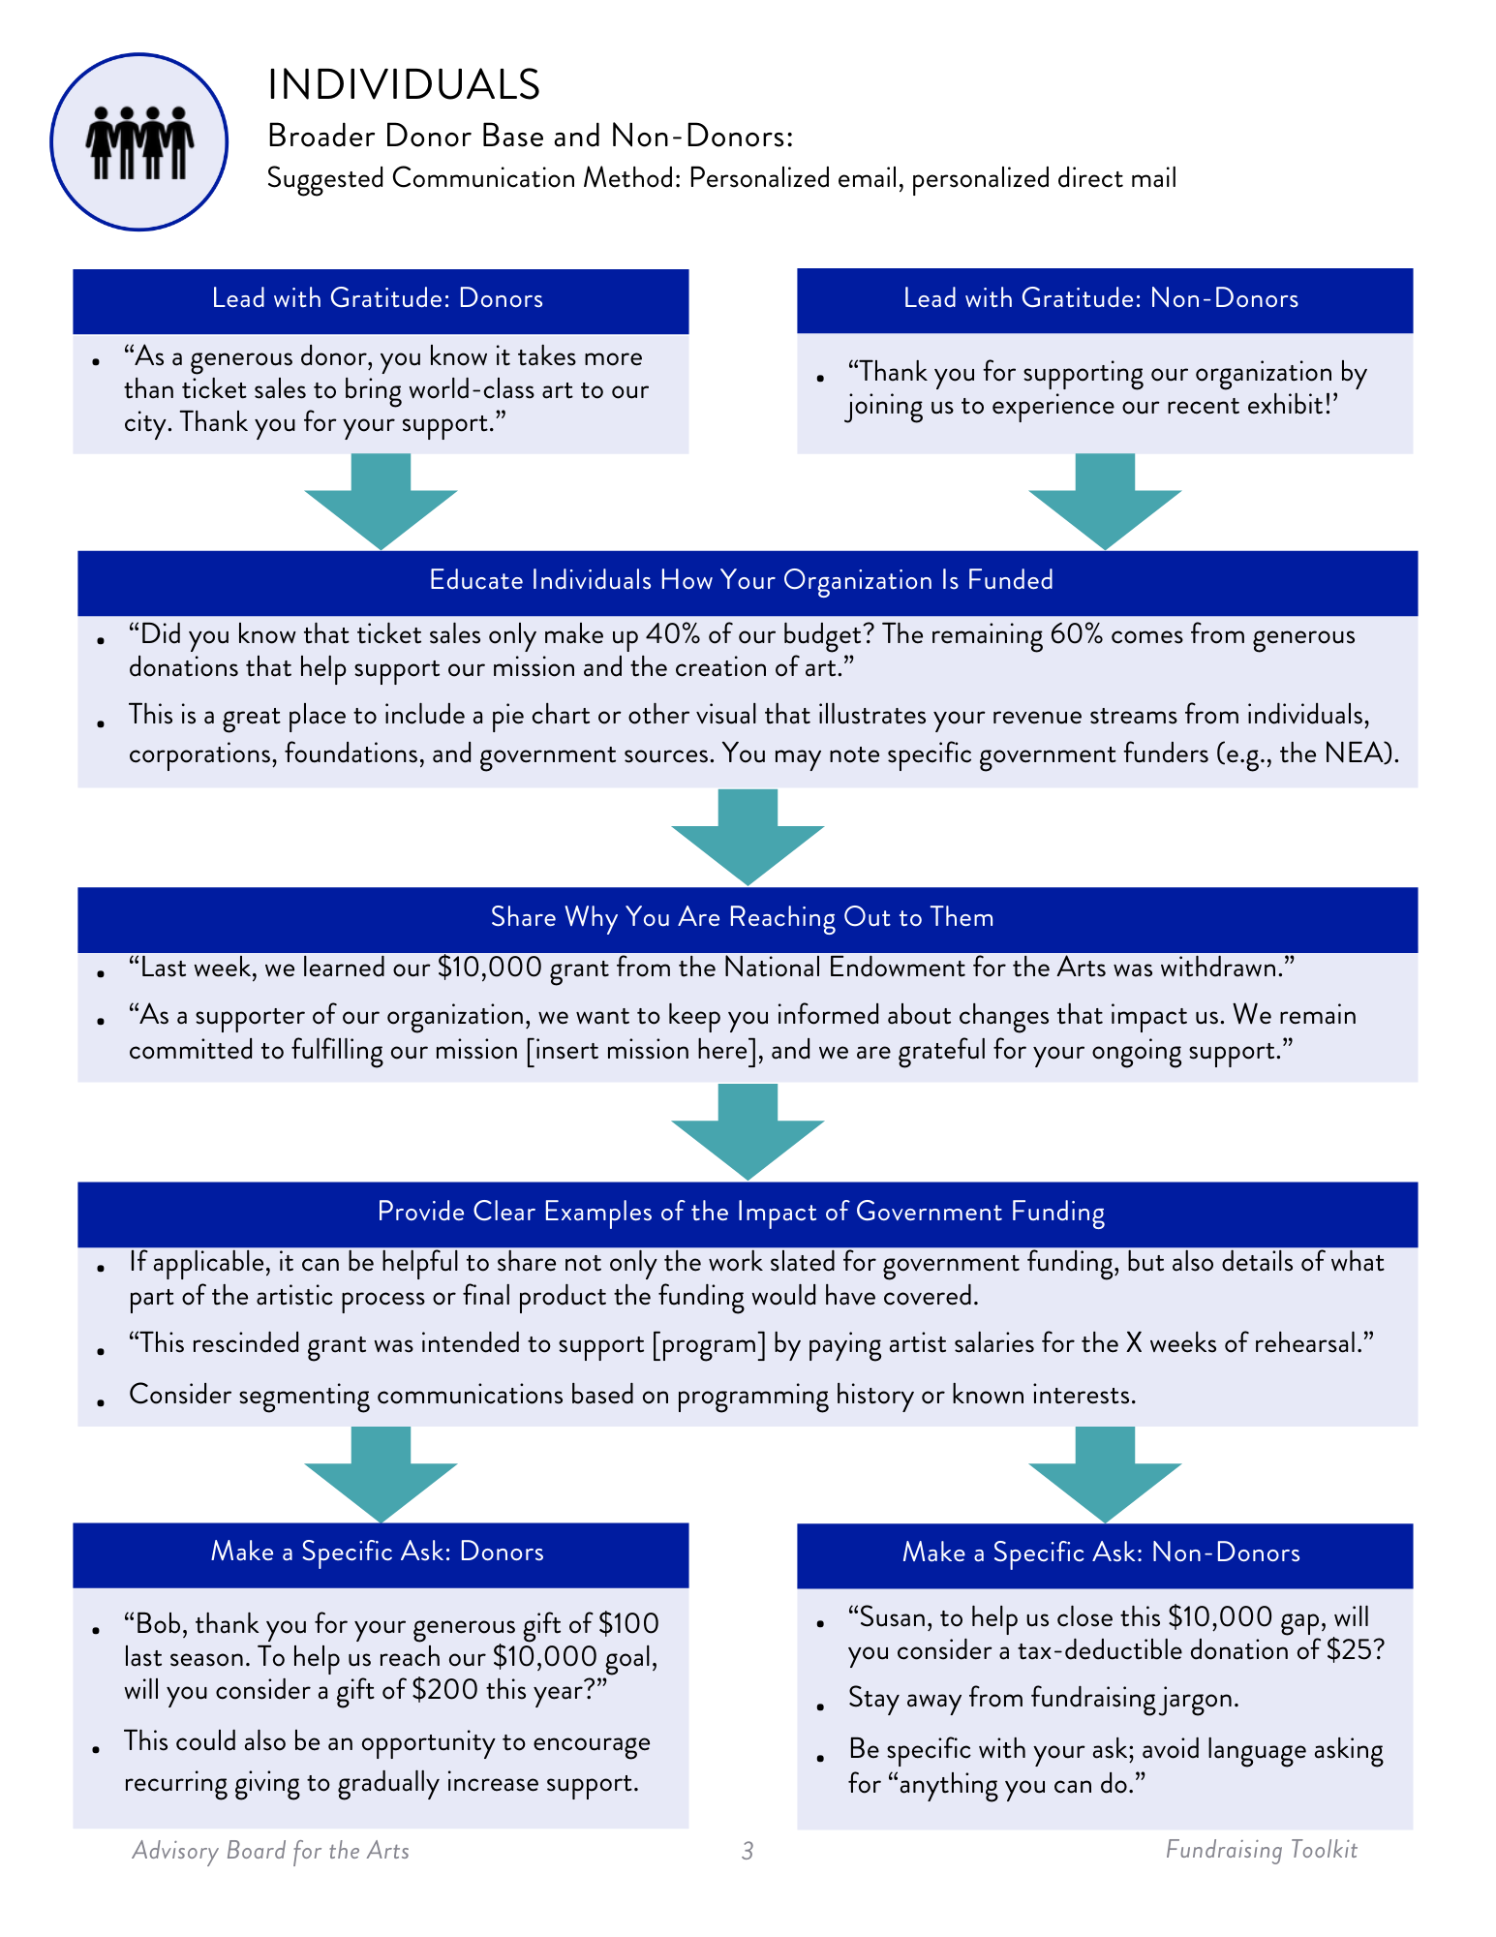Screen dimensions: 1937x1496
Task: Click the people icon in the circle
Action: point(139,142)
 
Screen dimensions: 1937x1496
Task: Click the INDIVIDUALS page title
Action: point(404,85)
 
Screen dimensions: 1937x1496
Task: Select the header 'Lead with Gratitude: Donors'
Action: point(378,298)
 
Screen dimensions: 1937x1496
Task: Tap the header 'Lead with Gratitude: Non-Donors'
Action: point(1101,298)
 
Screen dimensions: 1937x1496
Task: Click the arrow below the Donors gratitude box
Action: point(381,503)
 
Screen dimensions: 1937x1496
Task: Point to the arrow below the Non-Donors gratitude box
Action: point(1105,503)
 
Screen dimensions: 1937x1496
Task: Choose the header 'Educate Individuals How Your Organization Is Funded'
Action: point(742,580)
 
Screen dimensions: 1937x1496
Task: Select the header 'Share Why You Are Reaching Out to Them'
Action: point(742,917)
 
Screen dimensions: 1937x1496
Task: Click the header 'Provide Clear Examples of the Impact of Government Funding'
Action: point(742,1212)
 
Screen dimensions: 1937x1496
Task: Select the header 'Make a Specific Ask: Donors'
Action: point(378,1552)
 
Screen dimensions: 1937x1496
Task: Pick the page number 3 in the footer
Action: point(747,1851)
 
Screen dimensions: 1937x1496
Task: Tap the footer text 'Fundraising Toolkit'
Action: point(1261,1850)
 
